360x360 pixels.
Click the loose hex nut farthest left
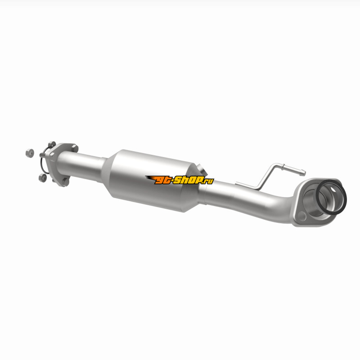click(x=30, y=153)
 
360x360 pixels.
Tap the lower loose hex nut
click(x=42, y=178)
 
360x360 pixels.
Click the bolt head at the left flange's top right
click(x=75, y=148)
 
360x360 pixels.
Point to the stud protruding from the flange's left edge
click(x=42, y=155)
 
